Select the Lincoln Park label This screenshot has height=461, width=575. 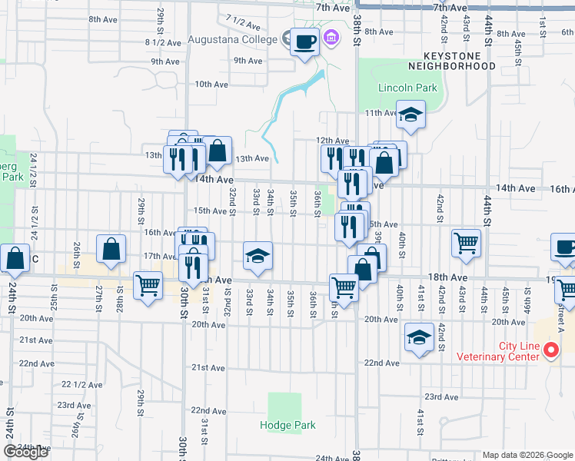(x=407, y=88)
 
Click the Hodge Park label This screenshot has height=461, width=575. (x=287, y=425)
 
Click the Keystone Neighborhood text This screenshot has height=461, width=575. (x=459, y=61)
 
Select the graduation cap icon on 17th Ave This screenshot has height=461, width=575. (x=258, y=256)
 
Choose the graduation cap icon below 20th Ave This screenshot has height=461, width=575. (x=419, y=337)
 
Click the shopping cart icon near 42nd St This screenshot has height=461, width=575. (x=466, y=244)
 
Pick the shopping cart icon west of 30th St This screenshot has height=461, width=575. (x=148, y=285)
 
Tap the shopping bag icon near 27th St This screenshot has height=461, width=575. (x=111, y=249)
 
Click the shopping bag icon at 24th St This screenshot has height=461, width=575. (x=14, y=258)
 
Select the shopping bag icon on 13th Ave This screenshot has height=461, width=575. (x=218, y=151)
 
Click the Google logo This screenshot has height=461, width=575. (x=25, y=452)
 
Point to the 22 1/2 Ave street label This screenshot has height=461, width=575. (x=77, y=384)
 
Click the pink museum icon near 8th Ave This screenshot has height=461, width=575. (x=332, y=37)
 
